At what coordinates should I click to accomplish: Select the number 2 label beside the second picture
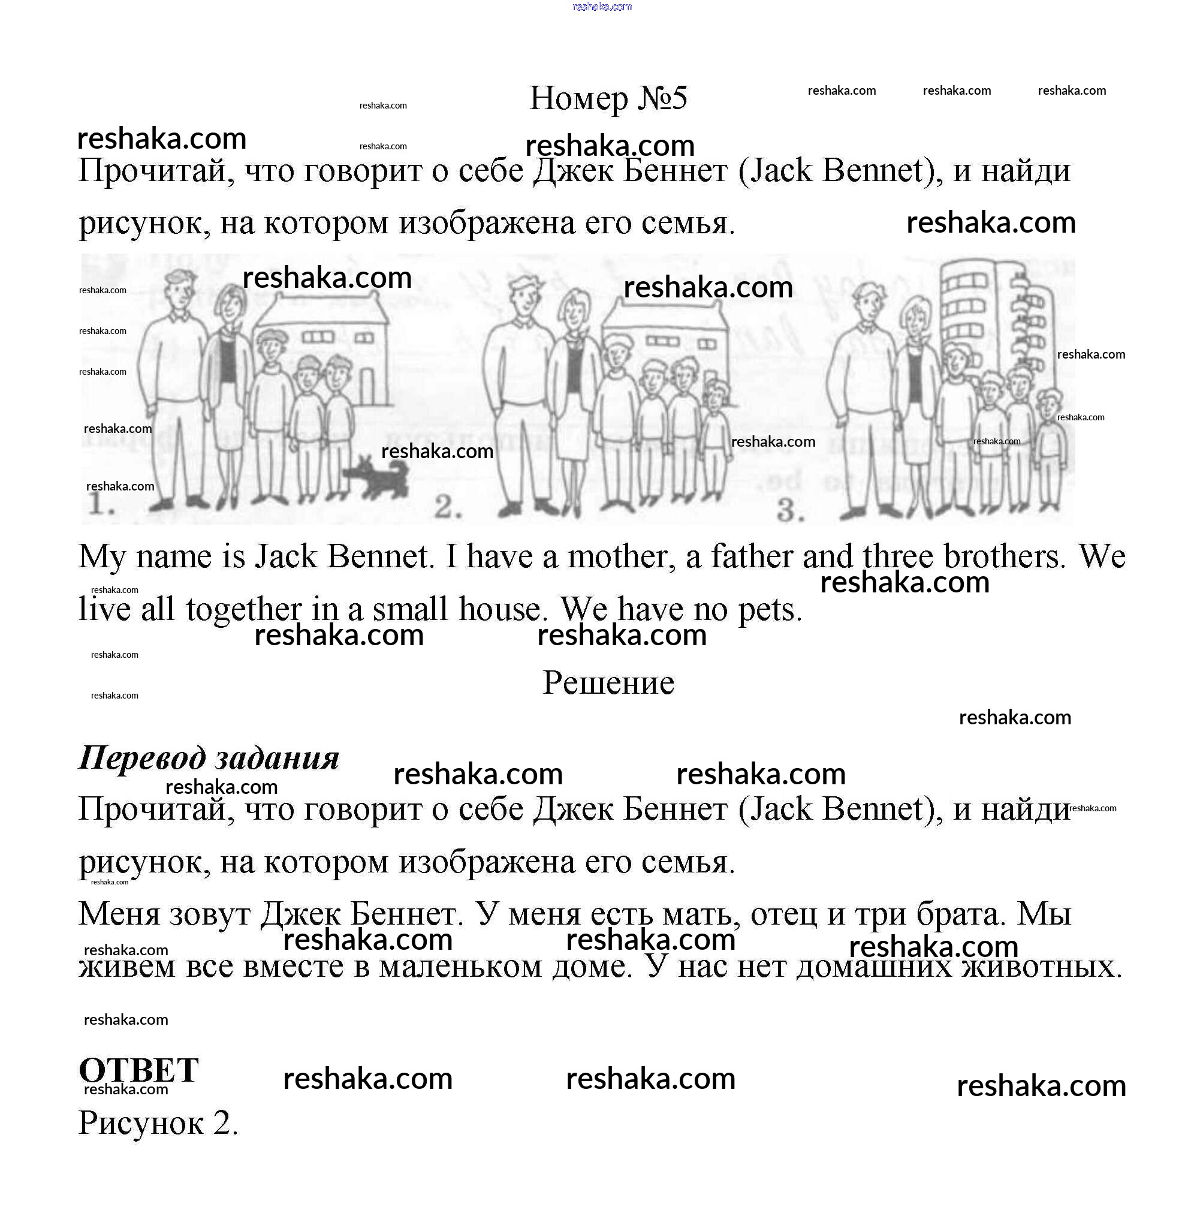[448, 506]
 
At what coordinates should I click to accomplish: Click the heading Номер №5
[608, 98]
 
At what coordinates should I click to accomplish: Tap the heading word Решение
[608, 682]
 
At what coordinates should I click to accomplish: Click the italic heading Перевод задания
[209, 757]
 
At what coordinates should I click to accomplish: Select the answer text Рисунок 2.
[158, 1123]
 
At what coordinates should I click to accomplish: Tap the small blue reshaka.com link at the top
[602, 7]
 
